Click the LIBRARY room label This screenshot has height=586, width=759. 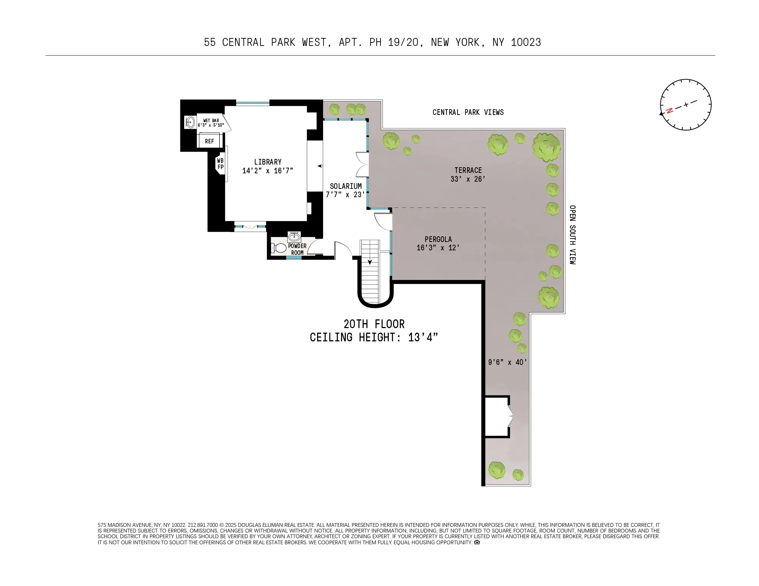tap(268, 162)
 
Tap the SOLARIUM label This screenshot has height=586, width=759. tap(346, 186)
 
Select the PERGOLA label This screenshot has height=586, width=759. tap(438, 239)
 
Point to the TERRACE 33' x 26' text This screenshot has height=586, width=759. tap(468, 174)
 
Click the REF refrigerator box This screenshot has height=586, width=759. tap(209, 141)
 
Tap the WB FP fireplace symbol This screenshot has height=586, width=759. tap(220, 164)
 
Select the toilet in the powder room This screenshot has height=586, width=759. tap(279, 248)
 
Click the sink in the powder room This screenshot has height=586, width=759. tap(294, 237)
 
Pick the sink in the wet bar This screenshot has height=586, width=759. tap(190, 122)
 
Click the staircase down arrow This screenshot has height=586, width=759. tap(370, 262)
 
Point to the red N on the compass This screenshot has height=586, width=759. tap(670, 110)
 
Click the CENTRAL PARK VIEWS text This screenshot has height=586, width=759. tap(468, 112)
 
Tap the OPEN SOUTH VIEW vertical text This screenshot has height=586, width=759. tap(572, 235)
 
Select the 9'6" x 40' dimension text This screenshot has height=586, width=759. tap(507, 362)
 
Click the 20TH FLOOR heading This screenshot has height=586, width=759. tap(374, 324)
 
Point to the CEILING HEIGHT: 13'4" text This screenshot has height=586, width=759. tap(374, 338)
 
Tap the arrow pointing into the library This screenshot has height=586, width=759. tap(320, 166)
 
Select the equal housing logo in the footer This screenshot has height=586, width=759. tap(477, 542)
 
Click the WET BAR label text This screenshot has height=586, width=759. tap(211, 121)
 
